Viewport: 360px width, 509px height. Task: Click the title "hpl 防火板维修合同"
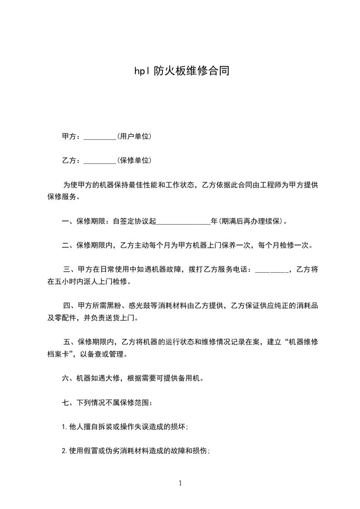pyautogui.click(x=180, y=71)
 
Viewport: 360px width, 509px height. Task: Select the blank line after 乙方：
pyautogui.click(x=100, y=161)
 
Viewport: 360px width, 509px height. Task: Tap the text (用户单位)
pyautogui.click(x=134, y=137)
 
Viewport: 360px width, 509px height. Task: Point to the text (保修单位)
pyautogui.click(x=134, y=161)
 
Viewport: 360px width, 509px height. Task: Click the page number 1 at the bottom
pyautogui.click(x=180, y=483)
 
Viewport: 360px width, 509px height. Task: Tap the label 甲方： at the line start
pyautogui.click(x=72, y=137)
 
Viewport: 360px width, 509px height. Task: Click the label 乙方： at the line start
pyautogui.click(x=72, y=161)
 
